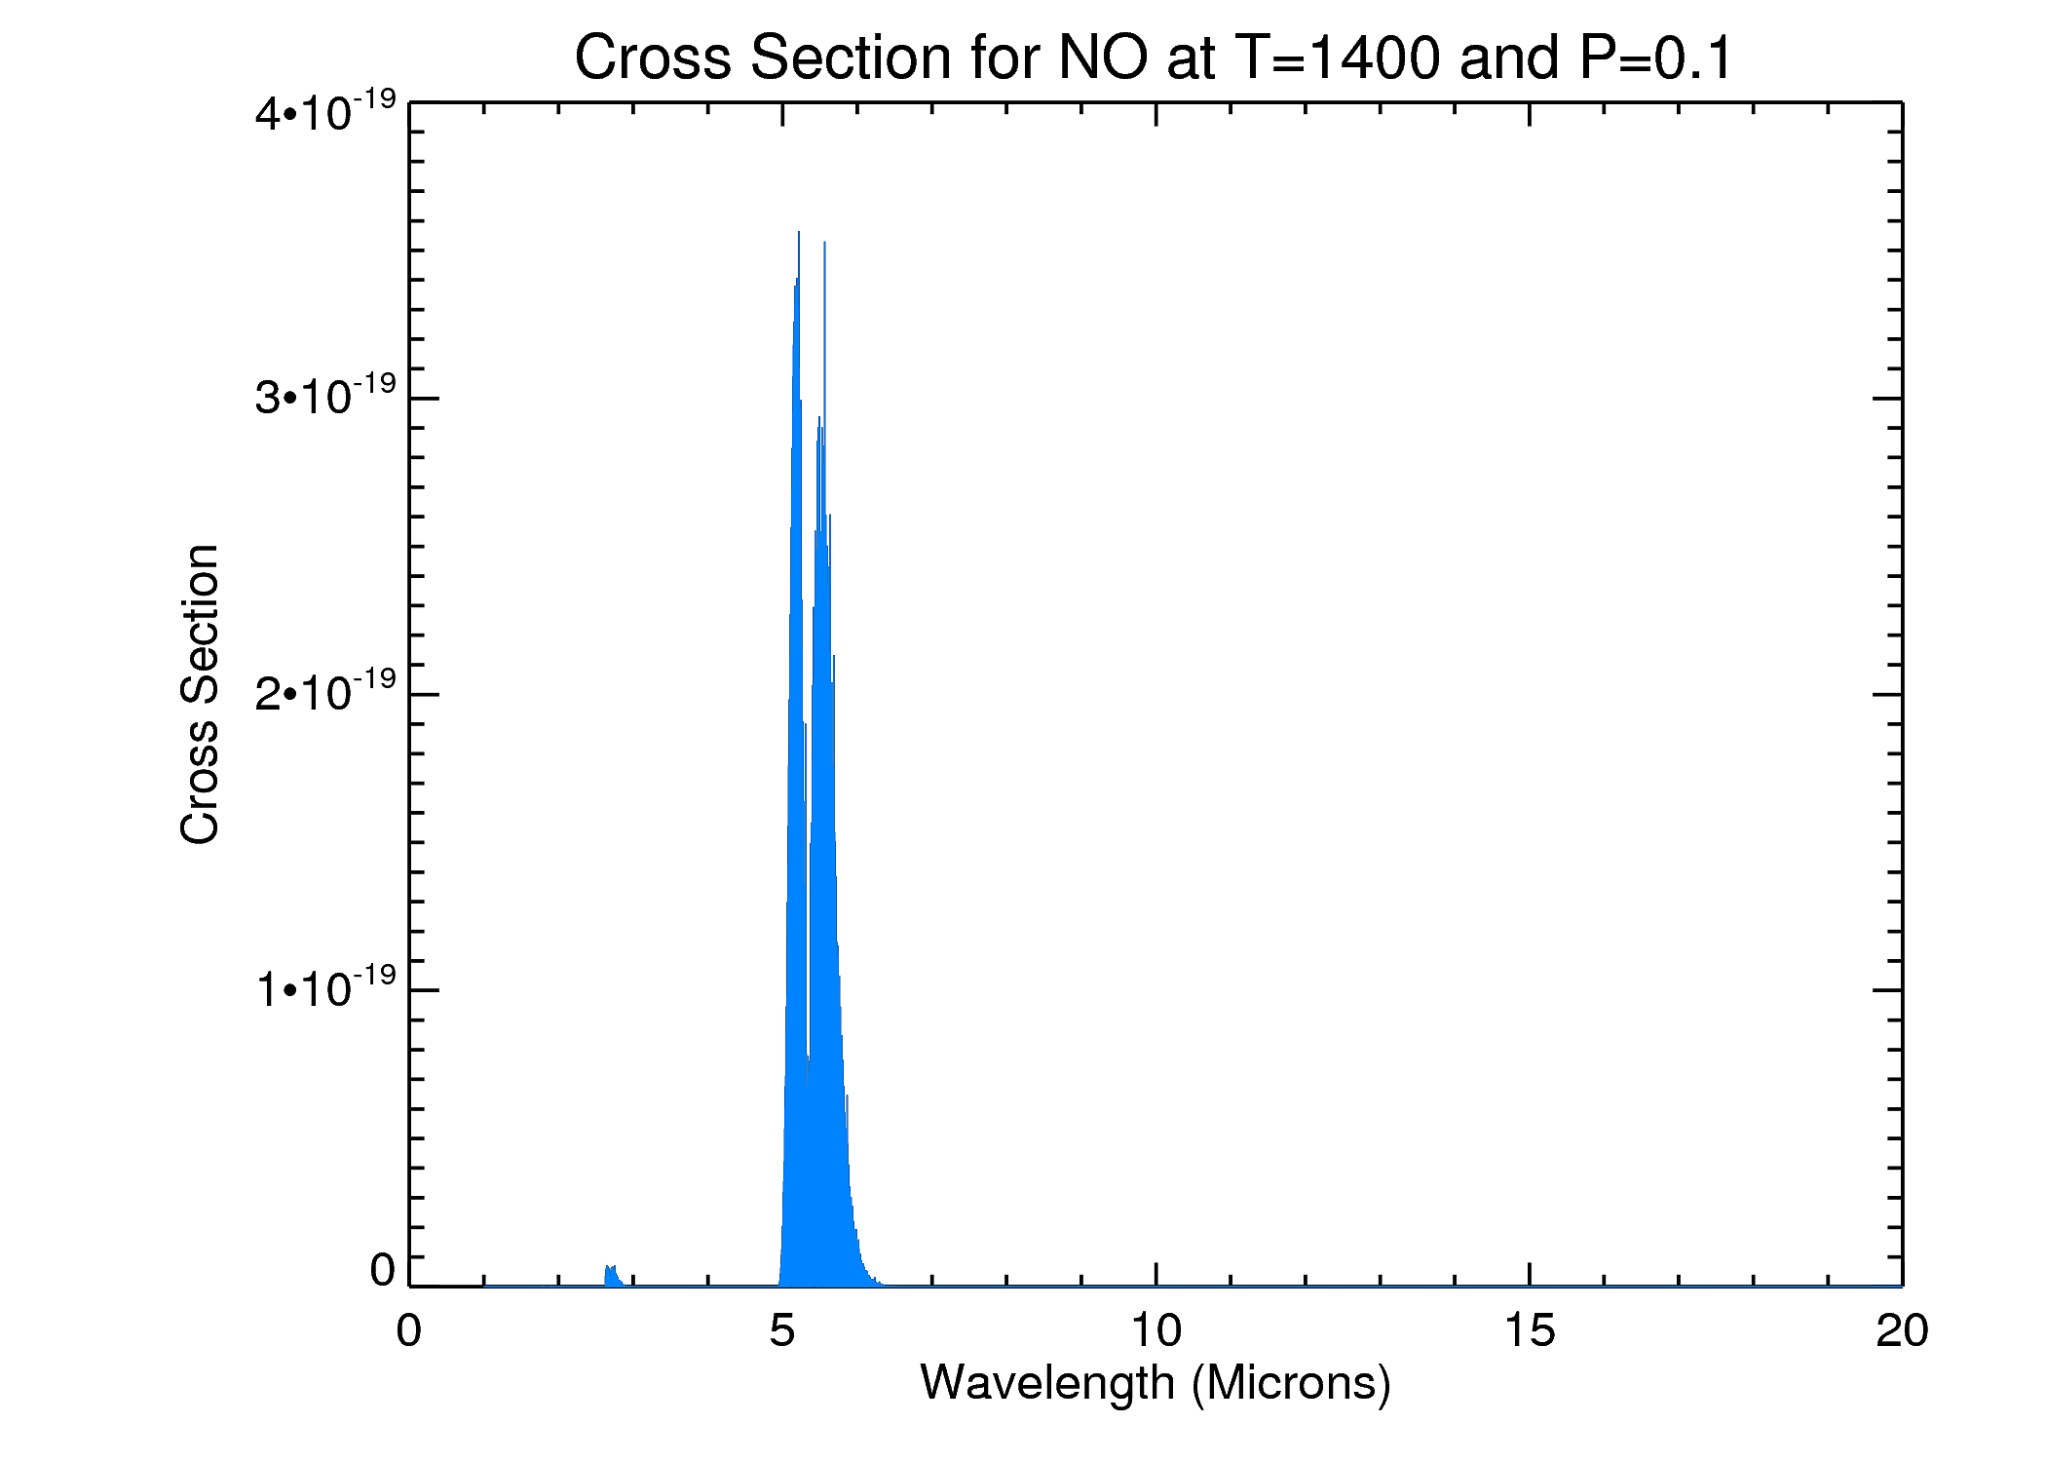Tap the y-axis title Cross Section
coord(200,694)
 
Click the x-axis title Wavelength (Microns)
coord(1156,1382)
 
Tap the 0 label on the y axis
coord(383,1270)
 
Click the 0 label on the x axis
coord(409,1330)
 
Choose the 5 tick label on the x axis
coord(782,1330)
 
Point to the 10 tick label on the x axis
coord(1156,1330)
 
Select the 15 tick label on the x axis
coord(1530,1330)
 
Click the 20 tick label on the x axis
coord(1902,1330)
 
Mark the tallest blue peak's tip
coord(799,233)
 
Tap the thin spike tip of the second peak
coord(824,243)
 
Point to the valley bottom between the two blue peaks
coord(808,1082)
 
